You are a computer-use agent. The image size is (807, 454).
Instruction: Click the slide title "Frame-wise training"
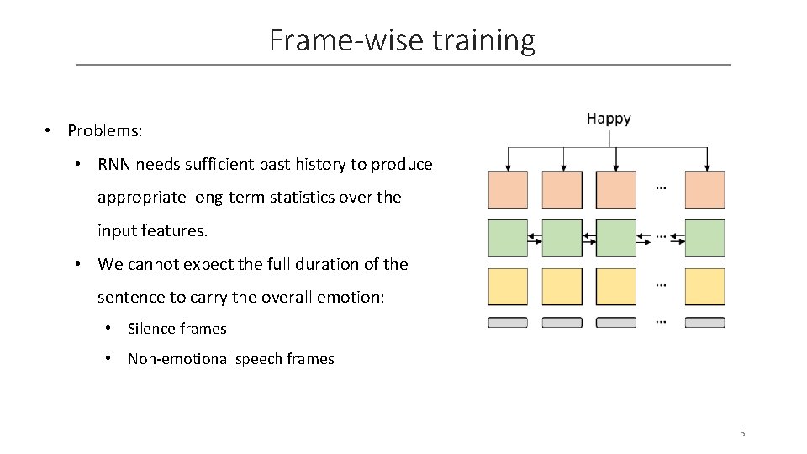pyautogui.click(x=402, y=40)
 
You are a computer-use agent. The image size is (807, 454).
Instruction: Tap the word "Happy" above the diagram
pyautogui.click(x=609, y=119)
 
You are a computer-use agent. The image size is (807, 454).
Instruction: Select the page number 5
pyautogui.click(x=742, y=433)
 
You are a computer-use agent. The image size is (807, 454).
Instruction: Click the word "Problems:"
pyautogui.click(x=105, y=131)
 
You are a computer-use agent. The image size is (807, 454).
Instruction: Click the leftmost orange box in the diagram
pyautogui.click(x=508, y=190)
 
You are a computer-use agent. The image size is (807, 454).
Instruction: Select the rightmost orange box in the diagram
pyautogui.click(x=704, y=190)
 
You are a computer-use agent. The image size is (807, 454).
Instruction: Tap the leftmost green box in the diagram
pyautogui.click(x=508, y=238)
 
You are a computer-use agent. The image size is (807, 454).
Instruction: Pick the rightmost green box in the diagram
pyautogui.click(x=704, y=238)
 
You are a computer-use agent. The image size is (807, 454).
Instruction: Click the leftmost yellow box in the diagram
pyautogui.click(x=508, y=287)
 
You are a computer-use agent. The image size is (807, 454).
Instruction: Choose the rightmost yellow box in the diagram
pyautogui.click(x=704, y=287)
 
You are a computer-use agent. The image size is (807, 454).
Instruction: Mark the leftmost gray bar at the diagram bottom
pyautogui.click(x=508, y=323)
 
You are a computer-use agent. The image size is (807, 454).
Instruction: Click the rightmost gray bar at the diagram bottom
pyautogui.click(x=704, y=323)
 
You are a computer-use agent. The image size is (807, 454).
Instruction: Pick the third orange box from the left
pyautogui.click(x=616, y=190)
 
